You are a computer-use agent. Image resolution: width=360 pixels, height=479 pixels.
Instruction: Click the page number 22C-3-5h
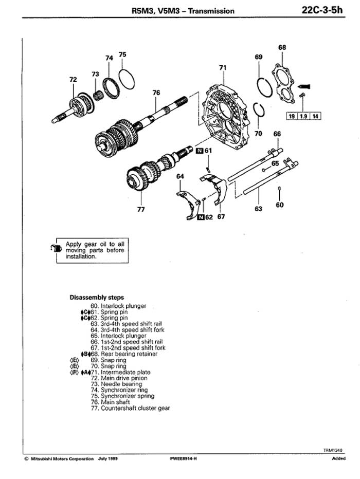[x=322, y=10]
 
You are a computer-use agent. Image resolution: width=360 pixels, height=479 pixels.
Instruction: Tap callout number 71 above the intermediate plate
[x=223, y=67]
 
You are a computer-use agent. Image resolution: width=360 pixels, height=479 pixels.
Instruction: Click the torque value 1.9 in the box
[x=303, y=116]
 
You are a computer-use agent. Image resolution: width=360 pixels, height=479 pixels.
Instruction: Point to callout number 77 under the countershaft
[x=141, y=210]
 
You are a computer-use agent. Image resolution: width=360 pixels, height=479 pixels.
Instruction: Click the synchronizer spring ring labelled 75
[x=126, y=79]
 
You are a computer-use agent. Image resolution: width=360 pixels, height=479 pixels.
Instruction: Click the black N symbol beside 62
[x=201, y=217]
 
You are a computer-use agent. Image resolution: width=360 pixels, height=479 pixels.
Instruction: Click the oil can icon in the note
[x=56, y=248]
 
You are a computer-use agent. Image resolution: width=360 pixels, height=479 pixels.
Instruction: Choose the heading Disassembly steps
[x=97, y=297]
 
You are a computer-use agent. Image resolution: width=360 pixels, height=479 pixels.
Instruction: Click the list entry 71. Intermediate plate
[x=120, y=372]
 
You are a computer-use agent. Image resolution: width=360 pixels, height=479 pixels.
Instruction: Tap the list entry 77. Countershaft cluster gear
[x=130, y=408]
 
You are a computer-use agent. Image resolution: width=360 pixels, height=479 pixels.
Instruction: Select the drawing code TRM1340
[x=333, y=450]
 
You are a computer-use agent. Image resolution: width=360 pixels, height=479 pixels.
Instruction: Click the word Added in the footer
[x=338, y=458]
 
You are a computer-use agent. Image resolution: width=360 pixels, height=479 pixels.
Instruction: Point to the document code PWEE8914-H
[x=184, y=458]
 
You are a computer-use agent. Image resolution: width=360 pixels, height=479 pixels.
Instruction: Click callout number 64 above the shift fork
[x=181, y=176]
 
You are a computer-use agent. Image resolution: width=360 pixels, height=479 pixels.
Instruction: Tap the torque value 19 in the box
[x=292, y=116]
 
